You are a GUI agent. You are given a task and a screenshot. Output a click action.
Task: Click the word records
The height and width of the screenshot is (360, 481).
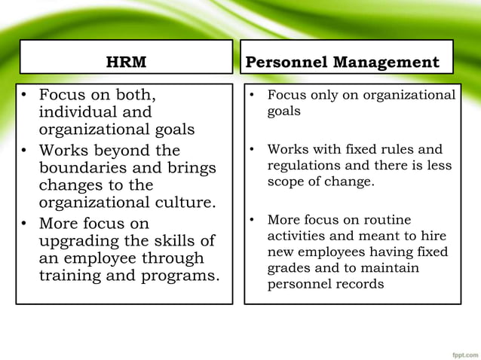pos(362,285)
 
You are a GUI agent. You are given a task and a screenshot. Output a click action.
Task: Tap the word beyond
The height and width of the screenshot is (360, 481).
pos(119,150)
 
